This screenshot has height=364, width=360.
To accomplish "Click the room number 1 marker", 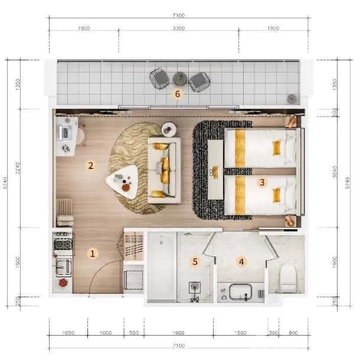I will pyautogui.click(x=92, y=253).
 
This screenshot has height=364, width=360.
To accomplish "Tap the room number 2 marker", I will pyautogui.click(x=91, y=165).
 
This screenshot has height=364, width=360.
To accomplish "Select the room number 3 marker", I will pyautogui.click(x=261, y=182).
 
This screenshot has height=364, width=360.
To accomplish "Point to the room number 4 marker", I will pyautogui.click(x=241, y=261).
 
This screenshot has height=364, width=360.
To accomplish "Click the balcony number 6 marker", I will pyautogui.click(x=177, y=93).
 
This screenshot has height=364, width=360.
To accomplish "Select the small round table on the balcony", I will pyautogui.click(x=179, y=77).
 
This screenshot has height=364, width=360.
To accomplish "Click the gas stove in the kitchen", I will pyautogui.click(x=63, y=243).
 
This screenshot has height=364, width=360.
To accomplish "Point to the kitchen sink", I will pyautogui.click(x=63, y=267).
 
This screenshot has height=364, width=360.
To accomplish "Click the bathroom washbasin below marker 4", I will pyautogui.click(x=241, y=292).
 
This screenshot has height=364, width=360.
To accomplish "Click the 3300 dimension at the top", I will pyautogui.click(x=178, y=28).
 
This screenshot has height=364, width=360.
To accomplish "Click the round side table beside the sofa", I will pyautogui.click(x=169, y=128).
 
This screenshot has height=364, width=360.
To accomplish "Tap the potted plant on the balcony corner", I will pyautogui.click(x=291, y=99).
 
